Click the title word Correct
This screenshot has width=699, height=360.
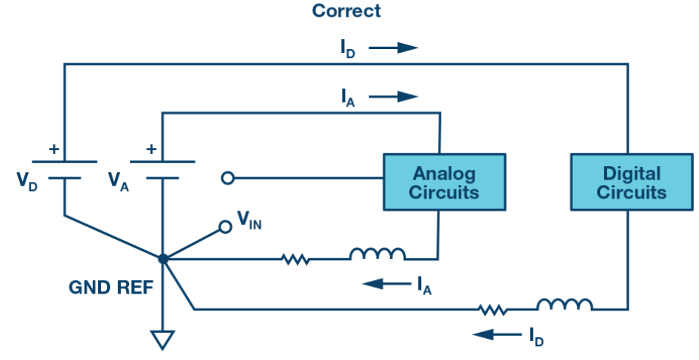(346, 11)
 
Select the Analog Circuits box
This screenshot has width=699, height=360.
(445, 182)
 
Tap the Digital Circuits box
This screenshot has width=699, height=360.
(632, 182)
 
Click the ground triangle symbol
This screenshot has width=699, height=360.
(162, 340)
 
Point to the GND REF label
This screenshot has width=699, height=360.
(111, 288)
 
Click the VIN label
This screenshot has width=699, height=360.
(249, 220)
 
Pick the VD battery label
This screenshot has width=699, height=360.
(26, 181)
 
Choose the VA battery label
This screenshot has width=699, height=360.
(118, 181)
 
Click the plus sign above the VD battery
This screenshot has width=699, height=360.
(54, 149)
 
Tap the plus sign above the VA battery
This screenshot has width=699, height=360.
(152, 149)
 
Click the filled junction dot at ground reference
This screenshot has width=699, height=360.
(163, 258)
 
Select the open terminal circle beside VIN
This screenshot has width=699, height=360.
(226, 227)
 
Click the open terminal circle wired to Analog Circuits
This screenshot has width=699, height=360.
(228, 178)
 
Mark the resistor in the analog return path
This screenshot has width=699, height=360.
(296, 259)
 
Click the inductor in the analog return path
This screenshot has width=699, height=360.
(377, 254)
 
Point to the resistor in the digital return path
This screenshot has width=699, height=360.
(492, 309)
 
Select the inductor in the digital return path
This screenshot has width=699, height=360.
(565, 304)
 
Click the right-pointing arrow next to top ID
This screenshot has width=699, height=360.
(393, 48)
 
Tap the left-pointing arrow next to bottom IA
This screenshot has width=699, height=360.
(386, 283)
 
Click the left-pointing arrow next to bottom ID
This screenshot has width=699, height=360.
(497, 334)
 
